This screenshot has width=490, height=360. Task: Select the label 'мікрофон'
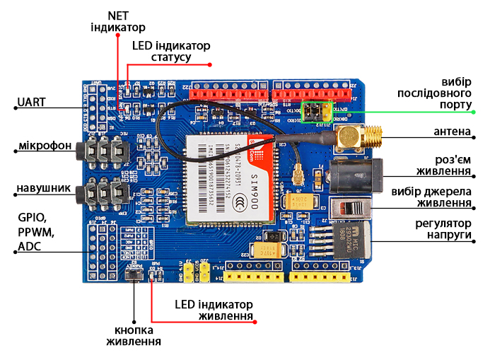(44, 146)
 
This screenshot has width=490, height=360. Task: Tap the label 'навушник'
(43, 189)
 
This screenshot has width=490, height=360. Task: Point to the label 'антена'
(452, 132)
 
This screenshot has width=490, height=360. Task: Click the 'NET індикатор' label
(117, 21)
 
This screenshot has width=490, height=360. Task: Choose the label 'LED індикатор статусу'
(171, 51)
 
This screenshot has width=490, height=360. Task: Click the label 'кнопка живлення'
(134, 336)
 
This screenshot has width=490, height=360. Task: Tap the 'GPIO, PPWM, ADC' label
(36, 232)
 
